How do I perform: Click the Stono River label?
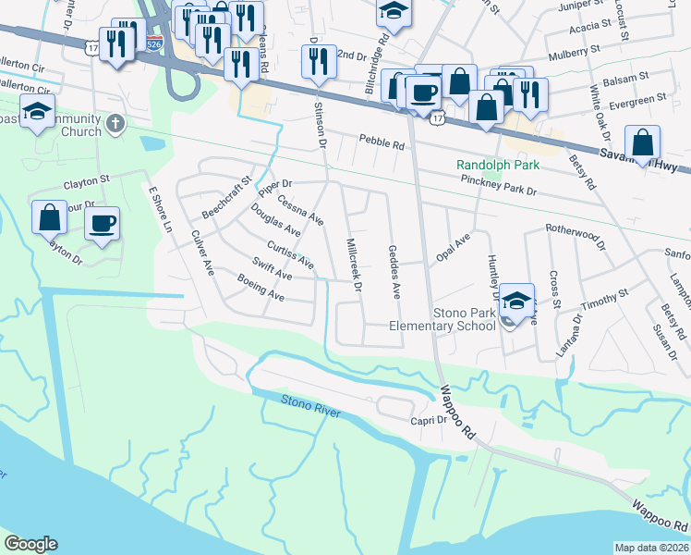tap(309, 404)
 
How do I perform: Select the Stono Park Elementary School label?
tap(442, 319)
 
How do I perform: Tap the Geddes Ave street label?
tap(394, 271)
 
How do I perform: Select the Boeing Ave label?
tap(261, 288)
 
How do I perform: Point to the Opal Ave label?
tap(454, 246)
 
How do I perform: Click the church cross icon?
tap(115, 124)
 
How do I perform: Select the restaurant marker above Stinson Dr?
tap(318, 61)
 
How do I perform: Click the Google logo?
tap(30, 544)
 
